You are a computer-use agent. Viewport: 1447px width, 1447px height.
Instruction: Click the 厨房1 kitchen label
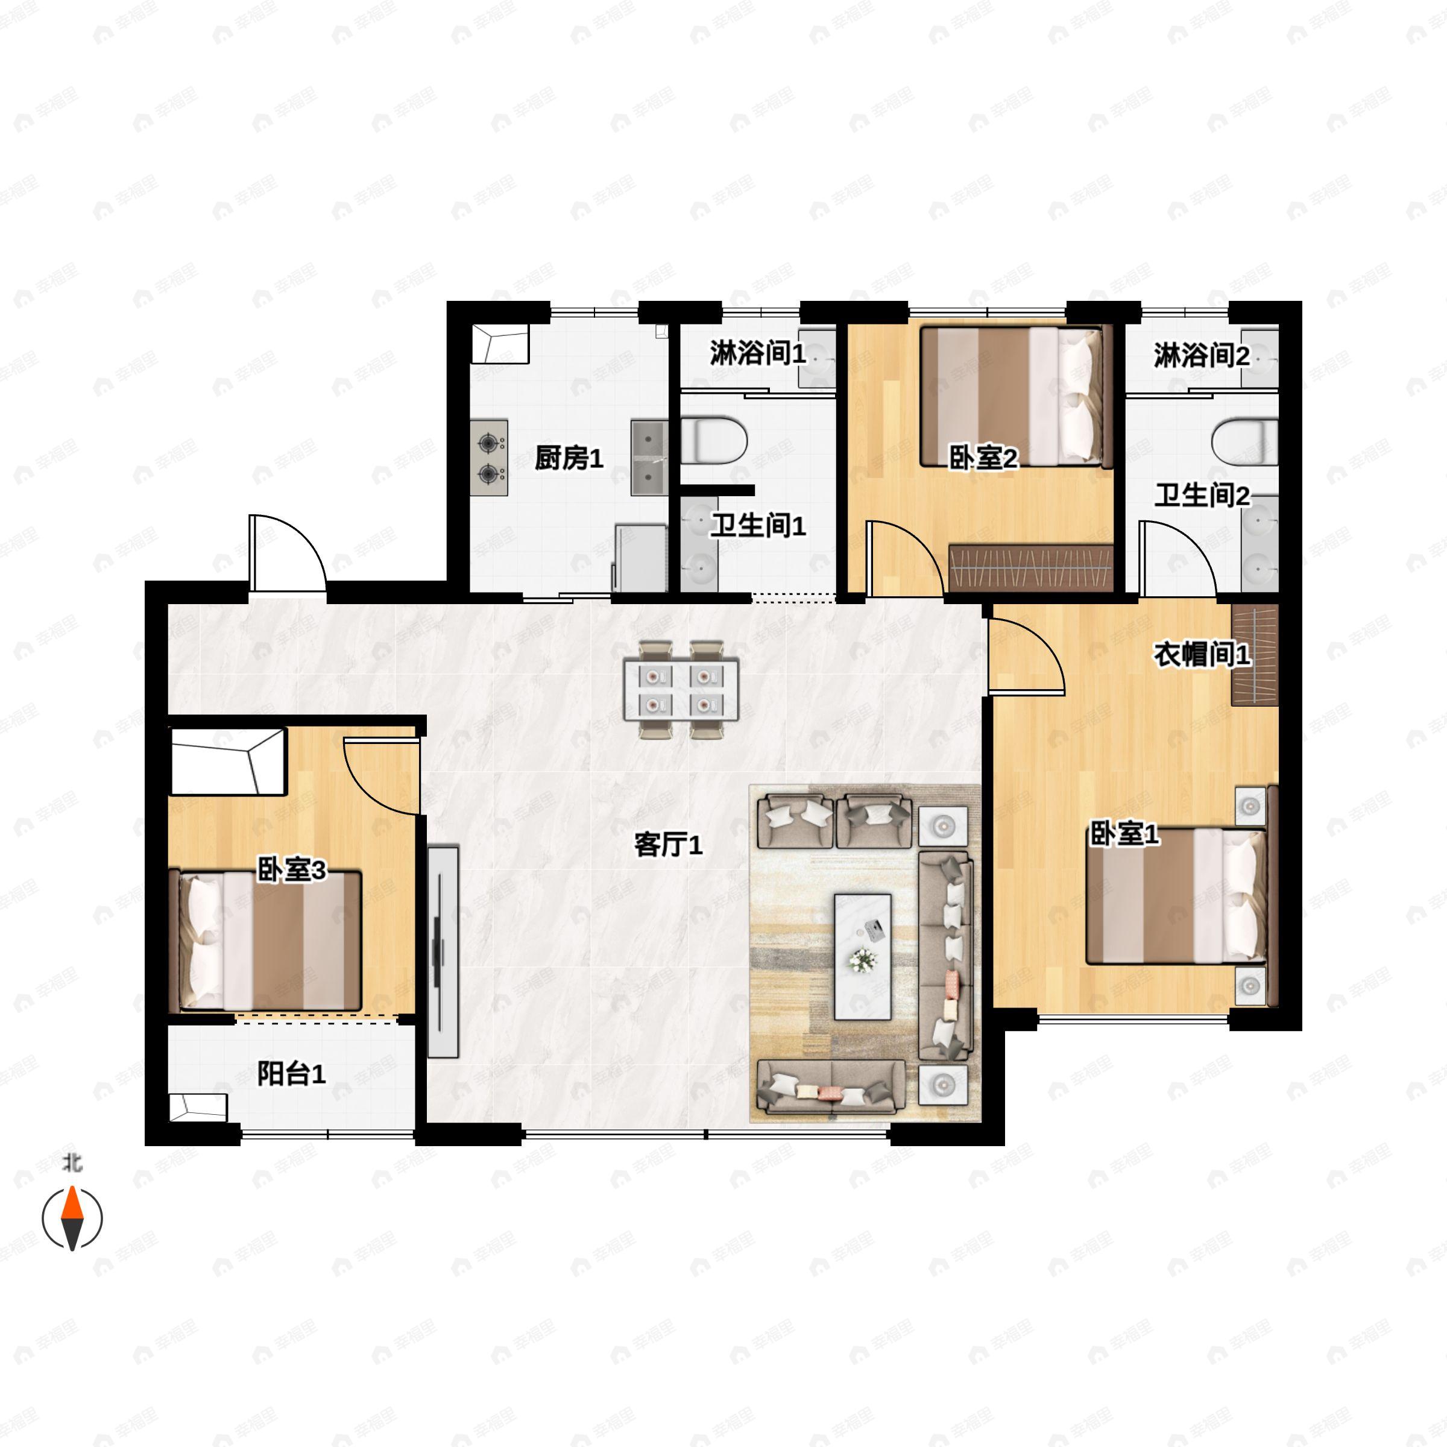[x=569, y=458]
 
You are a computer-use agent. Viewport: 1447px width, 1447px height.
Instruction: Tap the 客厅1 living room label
[x=668, y=845]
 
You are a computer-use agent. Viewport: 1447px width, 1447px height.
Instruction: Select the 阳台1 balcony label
[x=291, y=1075]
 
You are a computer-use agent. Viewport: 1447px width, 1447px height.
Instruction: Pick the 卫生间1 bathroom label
[x=758, y=526]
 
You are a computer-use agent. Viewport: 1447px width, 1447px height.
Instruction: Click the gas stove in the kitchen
[x=489, y=458]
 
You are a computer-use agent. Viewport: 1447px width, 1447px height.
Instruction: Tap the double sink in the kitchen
[x=649, y=458]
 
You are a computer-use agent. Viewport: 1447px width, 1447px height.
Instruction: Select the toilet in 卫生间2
[x=1244, y=442]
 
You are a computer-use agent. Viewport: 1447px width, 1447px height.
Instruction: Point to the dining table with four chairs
[x=681, y=689]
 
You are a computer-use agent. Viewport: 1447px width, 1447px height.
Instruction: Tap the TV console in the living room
[x=443, y=951]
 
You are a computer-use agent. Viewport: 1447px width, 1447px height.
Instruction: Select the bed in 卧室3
[x=266, y=940]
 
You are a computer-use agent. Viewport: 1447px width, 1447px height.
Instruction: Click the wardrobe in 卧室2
[x=1030, y=569]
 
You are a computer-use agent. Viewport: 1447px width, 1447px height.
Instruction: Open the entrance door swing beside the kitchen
[x=288, y=553]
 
